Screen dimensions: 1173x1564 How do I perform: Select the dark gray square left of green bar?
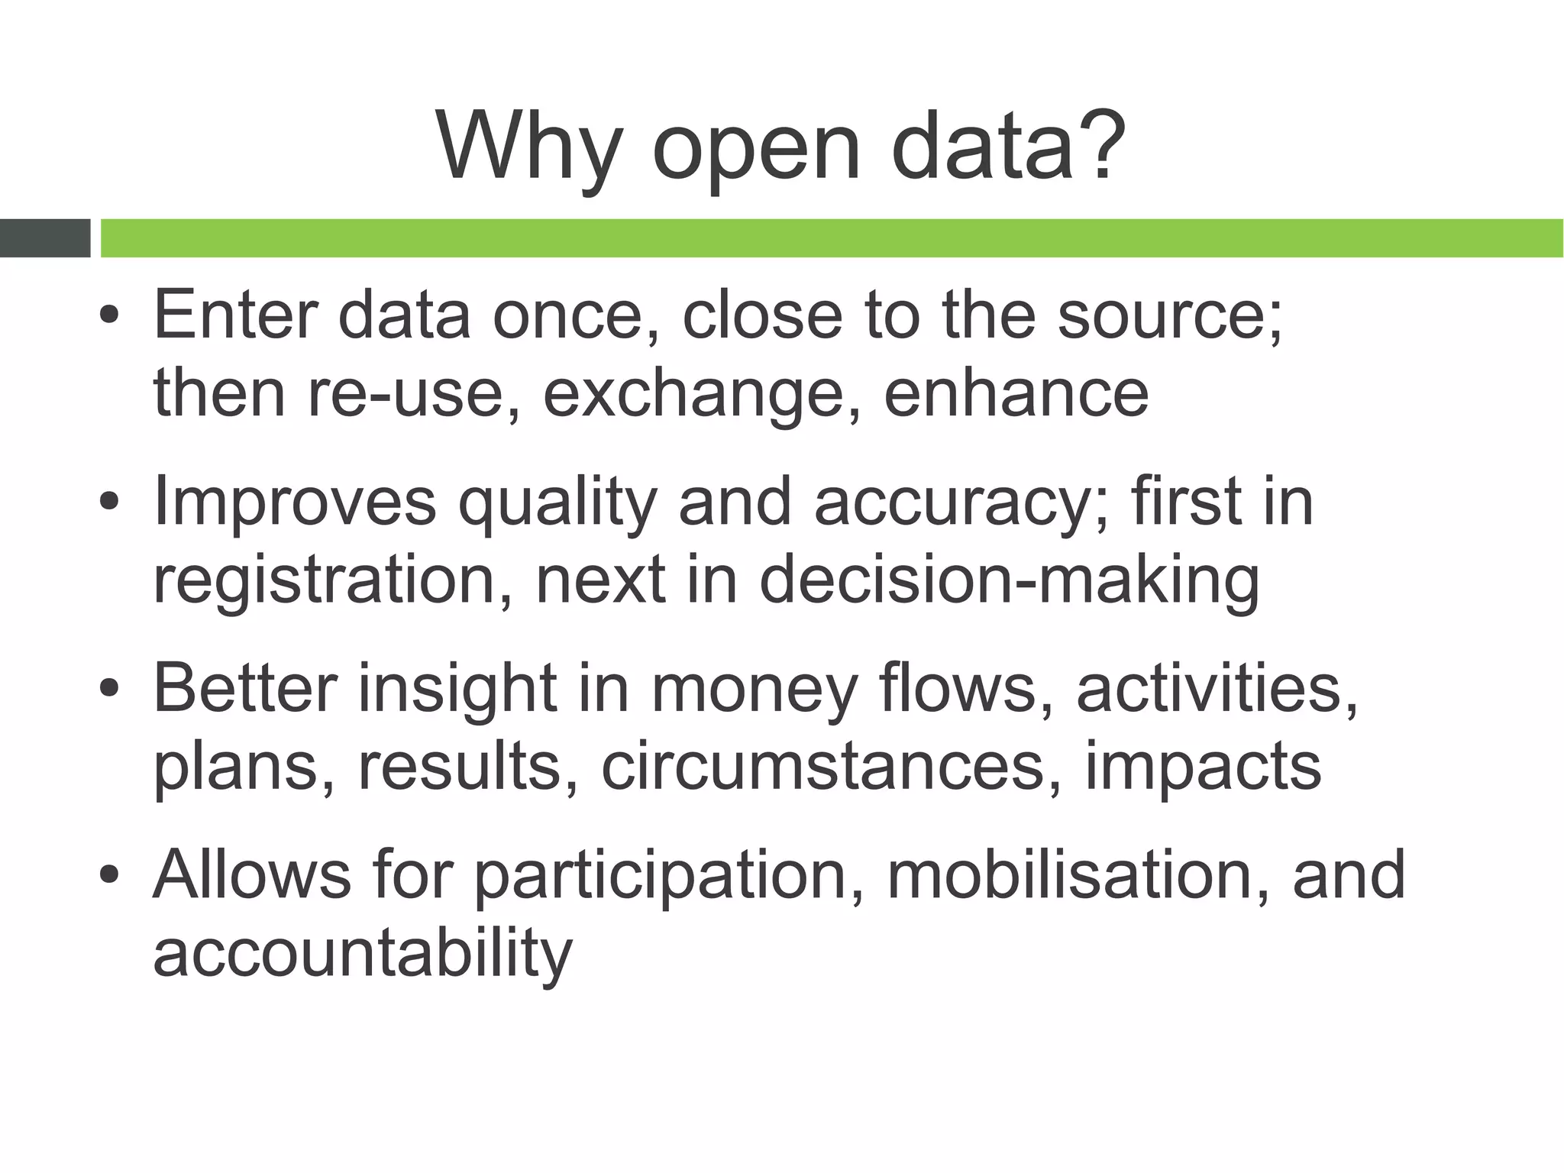tap(44, 238)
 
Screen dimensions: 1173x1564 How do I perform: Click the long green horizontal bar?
tap(831, 238)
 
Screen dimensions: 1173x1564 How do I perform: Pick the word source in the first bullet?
tap(1161, 317)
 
